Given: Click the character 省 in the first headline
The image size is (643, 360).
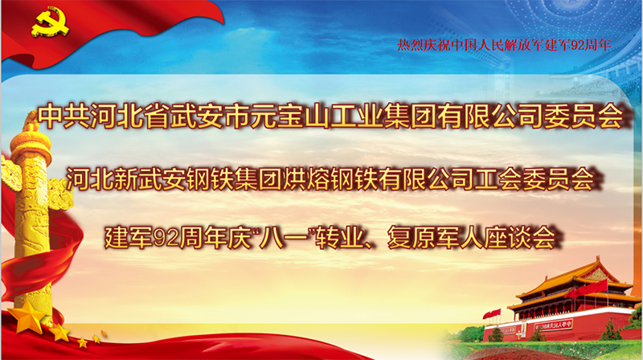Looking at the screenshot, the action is [x=157, y=116].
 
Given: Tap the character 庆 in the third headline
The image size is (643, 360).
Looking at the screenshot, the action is [x=239, y=238].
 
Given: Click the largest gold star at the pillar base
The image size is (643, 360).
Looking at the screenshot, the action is [x=27, y=317].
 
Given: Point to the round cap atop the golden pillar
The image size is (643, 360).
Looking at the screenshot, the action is [x=31, y=146].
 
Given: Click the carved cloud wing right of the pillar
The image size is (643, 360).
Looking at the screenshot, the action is [x=62, y=194].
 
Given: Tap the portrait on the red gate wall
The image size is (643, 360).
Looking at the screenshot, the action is [x=522, y=329].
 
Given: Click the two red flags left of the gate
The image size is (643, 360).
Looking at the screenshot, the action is [x=491, y=314].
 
